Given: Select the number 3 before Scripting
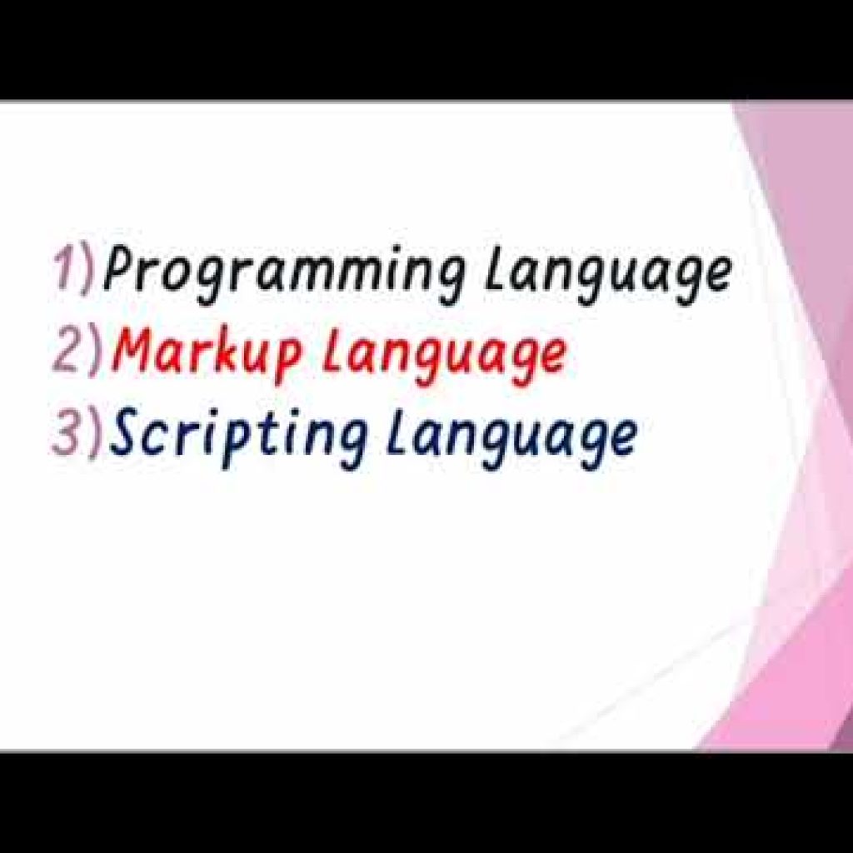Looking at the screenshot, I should tap(67, 435).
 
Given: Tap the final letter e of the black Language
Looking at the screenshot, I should tap(716, 276).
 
